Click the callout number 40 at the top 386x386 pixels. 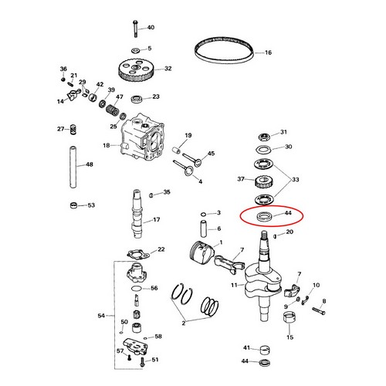pyautogui.click(x=151, y=28)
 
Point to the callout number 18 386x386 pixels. pyautogui.click(x=106, y=144)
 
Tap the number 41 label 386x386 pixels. pyautogui.click(x=247, y=348)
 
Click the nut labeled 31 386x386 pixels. pyautogui.click(x=263, y=133)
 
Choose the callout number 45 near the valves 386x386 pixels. pyautogui.click(x=212, y=154)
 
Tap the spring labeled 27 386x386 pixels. pyautogui.click(x=73, y=128)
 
